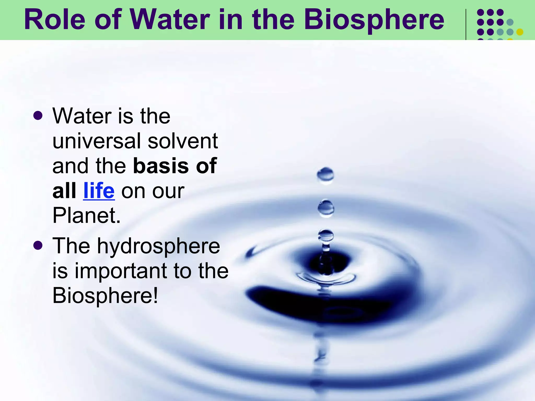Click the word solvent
click(x=183, y=141)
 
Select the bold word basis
click(x=161, y=166)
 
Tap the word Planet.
click(x=86, y=216)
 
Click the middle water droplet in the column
click(x=326, y=208)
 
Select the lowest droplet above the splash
click(x=326, y=236)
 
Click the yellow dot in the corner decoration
click(x=520, y=32)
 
